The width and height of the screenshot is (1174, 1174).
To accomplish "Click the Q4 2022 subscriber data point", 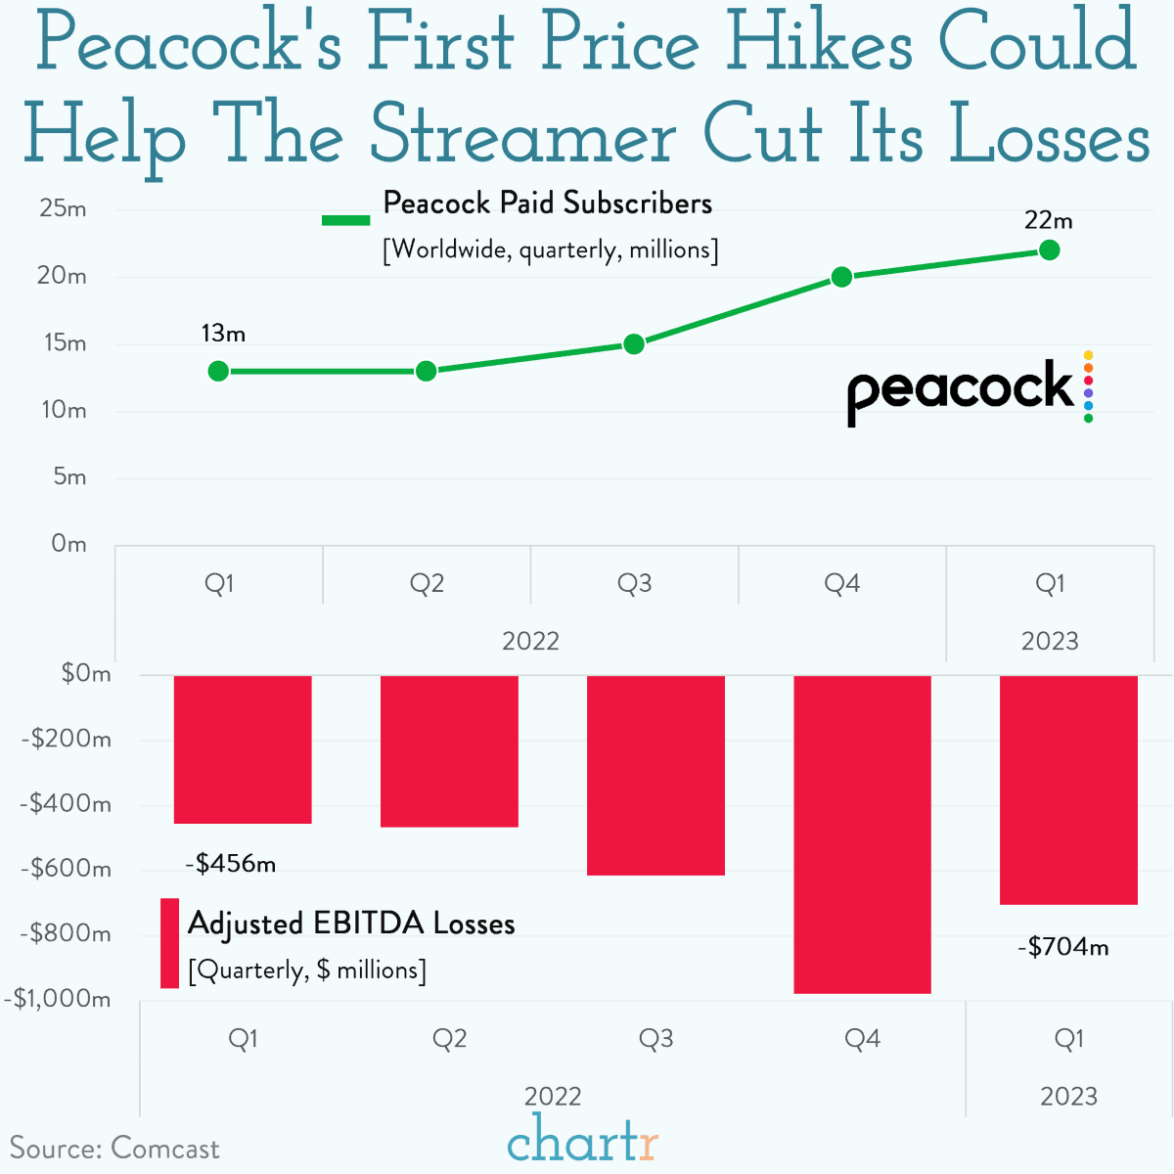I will (x=841, y=277).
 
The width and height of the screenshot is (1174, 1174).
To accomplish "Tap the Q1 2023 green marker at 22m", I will (x=1049, y=250).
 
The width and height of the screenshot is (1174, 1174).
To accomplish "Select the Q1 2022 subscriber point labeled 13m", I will (x=218, y=371).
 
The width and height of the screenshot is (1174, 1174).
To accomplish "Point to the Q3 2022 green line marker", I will (x=634, y=344).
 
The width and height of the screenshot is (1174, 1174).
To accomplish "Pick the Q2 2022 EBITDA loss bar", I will (x=449, y=750).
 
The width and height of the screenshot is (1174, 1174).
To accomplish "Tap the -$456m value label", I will (x=231, y=864).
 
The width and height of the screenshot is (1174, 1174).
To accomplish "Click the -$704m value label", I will (x=1063, y=947).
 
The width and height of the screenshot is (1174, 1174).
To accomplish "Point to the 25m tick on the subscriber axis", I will (x=64, y=209).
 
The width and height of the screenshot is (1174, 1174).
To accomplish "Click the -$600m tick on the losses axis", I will (x=67, y=869).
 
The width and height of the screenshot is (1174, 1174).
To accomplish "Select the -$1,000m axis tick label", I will (x=58, y=999).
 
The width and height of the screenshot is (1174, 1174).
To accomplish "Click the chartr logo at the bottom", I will (x=583, y=1141).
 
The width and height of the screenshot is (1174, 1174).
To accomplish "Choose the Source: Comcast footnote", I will (x=114, y=1149).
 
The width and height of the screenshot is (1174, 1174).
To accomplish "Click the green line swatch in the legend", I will (x=346, y=221).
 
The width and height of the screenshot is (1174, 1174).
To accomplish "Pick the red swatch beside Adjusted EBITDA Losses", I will (x=169, y=943).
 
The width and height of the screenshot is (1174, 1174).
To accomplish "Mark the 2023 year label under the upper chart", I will (x=1049, y=642).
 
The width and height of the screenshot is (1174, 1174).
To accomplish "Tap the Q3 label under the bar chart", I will (x=655, y=1039).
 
